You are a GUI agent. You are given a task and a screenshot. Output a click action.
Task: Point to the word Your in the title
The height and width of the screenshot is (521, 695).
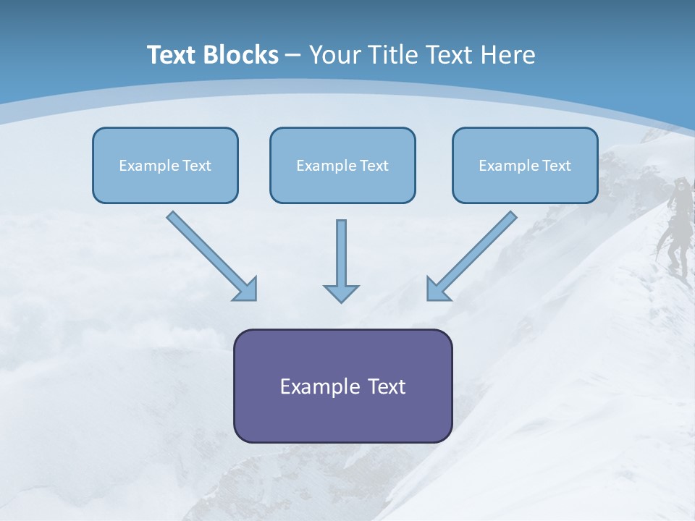(x=335, y=55)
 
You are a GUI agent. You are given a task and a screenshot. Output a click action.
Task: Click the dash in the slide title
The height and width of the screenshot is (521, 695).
(x=293, y=56)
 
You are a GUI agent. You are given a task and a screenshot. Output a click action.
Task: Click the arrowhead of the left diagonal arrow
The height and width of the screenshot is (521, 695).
(x=246, y=289)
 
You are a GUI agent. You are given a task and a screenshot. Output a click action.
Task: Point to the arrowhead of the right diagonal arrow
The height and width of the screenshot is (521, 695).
(x=437, y=289)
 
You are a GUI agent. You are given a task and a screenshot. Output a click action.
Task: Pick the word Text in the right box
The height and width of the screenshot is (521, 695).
(x=556, y=166)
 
